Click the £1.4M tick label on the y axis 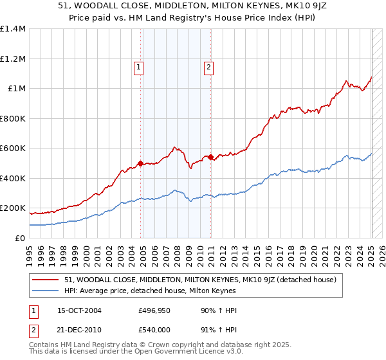(x=13, y=29)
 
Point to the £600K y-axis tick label (x=13, y=148)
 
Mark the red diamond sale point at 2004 (x=141, y=163)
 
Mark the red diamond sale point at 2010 (x=211, y=157)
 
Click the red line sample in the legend (x=46, y=280)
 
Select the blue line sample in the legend (x=46, y=291)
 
